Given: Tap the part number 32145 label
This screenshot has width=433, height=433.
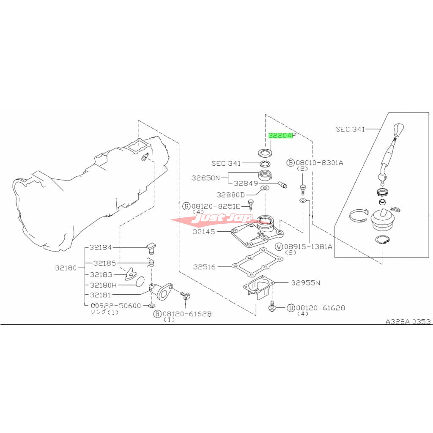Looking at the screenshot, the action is [204, 232].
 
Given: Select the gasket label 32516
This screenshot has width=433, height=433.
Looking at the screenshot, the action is [204, 267].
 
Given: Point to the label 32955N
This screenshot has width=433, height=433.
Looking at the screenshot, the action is [306, 283].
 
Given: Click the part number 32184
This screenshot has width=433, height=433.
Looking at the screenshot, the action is [101, 247].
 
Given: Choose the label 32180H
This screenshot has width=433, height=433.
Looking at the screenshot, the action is [103, 285].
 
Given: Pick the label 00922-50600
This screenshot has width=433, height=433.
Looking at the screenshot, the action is [116, 306].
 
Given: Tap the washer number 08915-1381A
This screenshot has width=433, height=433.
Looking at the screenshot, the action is [308, 247].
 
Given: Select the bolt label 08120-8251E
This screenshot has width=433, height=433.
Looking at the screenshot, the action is [216, 206].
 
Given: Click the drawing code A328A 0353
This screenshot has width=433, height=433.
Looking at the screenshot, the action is [408, 322].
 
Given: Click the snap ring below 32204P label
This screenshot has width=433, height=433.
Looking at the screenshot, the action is [265, 152].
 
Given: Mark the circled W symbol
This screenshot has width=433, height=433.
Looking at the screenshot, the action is [280, 247].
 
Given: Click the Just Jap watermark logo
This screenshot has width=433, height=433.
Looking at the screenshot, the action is [221, 218].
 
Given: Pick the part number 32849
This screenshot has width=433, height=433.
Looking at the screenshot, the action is [246, 184].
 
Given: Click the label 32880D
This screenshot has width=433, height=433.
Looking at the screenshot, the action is [230, 195].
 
